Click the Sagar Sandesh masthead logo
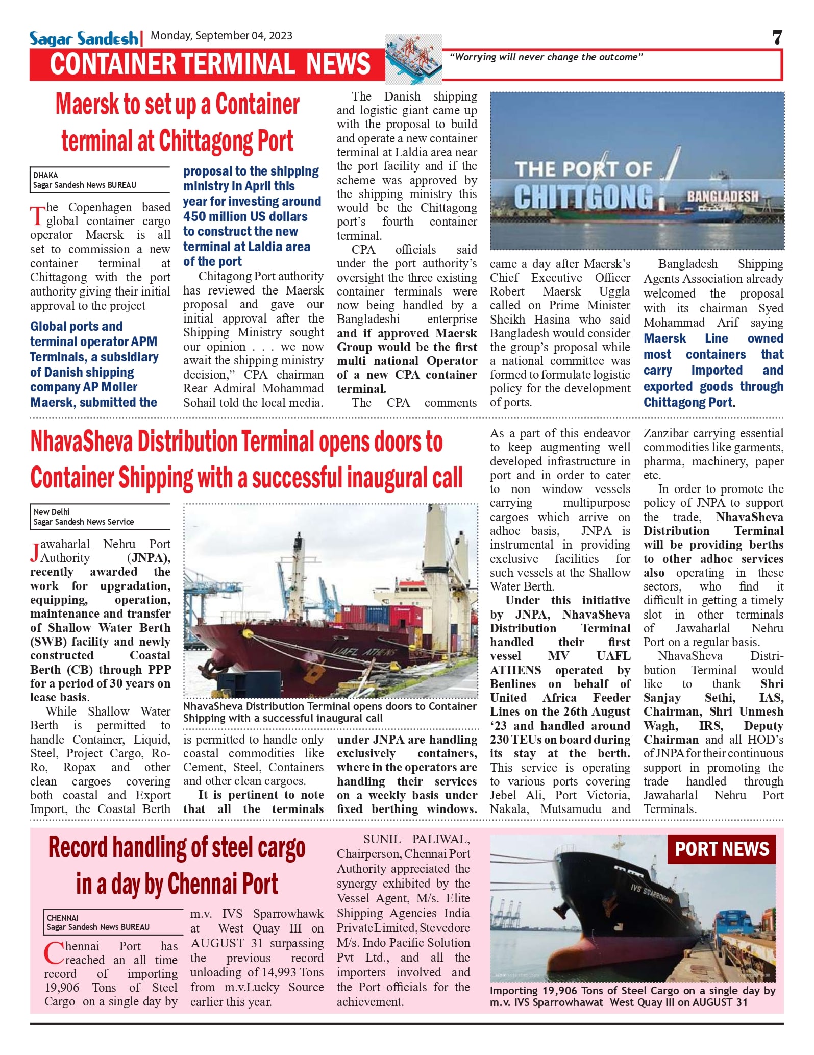click(x=84, y=39)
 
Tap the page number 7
click(x=777, y=38)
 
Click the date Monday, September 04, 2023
click(x=221, y=36)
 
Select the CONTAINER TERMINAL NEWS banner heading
click(x=210, y=64)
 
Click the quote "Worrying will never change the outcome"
click(x=546, y=57)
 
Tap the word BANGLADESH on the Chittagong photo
click(x=722, y=197)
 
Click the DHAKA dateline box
click(x=100, y=180)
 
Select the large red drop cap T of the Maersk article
click(x=37, y=216)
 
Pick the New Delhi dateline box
click(x=100, y=517)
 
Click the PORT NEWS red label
click(x=721, y=849)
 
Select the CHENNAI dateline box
click(x=113, y=922)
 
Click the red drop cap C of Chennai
click(x=54, y=953)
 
